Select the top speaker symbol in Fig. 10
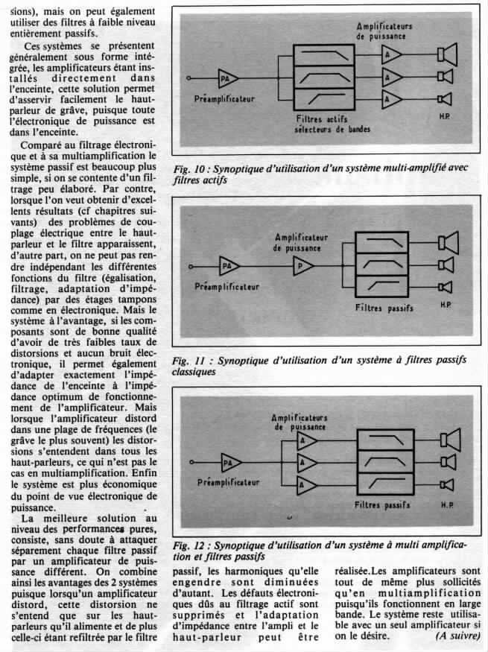click(x=448, y=54)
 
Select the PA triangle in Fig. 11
click(x=229, y=265)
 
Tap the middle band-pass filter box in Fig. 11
click(x=382, y=265)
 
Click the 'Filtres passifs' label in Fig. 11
click(x=383, y=306)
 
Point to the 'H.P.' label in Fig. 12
click(x=449, y=505)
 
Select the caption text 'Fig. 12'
click(x=185, y=545)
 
